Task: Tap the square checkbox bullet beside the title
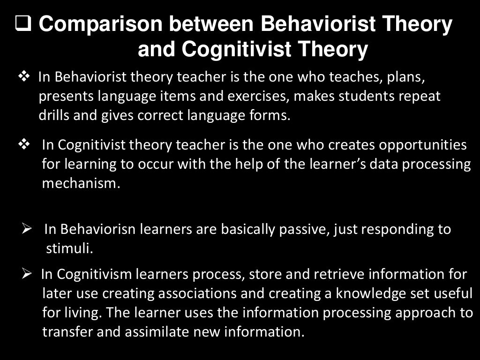(x=23, y=23)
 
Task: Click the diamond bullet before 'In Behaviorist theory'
(x=23, y=76)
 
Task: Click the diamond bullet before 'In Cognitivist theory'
(x=23, y=144)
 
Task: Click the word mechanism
(x=81, y=183)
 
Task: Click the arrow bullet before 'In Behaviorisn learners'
(x=26, y=229)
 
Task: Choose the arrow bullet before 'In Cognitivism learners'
(x=26, y=274)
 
